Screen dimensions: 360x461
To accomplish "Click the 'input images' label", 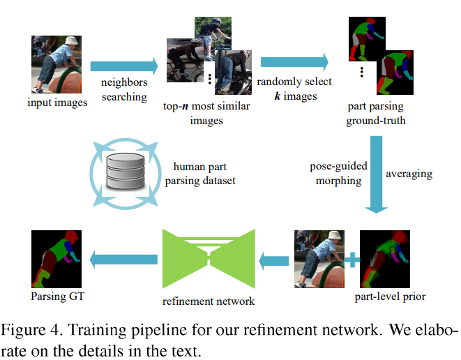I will tap(57, 103).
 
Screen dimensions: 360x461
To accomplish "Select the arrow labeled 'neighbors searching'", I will tap(124, 66).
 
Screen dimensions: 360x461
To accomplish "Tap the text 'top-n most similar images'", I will tap(206, 113).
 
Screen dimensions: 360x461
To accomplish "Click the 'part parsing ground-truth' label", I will tap(376, 113).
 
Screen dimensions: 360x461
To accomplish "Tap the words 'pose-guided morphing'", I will tap(336, 174).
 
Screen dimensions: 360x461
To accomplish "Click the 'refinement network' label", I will tap(208, 301).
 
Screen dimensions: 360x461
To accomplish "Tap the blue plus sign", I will tap(353, 260).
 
